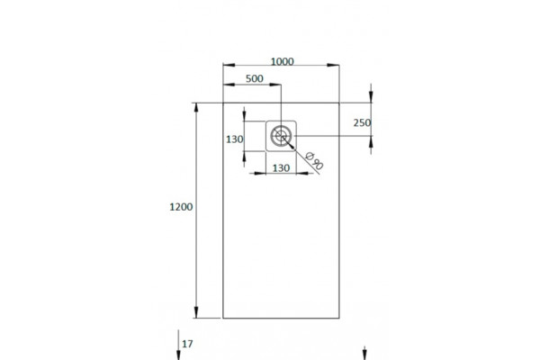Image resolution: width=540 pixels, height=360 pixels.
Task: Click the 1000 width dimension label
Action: tap(282, 62)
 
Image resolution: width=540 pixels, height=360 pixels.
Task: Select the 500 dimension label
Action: tap(255, 78)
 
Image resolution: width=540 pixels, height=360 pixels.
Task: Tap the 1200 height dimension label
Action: tap(181, 207)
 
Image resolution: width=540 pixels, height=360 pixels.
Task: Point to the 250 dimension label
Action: tap(363, 122)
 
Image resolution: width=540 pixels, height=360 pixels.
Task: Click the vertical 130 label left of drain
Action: tap(235, 139)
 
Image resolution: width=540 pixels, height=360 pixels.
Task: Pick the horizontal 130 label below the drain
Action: tap(281, 168)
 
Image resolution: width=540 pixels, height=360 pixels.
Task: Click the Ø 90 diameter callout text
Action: tap(314, 161)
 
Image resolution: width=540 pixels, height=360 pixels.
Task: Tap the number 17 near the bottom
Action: tap(187, 344)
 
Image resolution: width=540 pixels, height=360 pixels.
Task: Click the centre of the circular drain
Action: tap(281, 136)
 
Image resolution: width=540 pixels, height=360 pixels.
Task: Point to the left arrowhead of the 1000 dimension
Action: tap(229, 65)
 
